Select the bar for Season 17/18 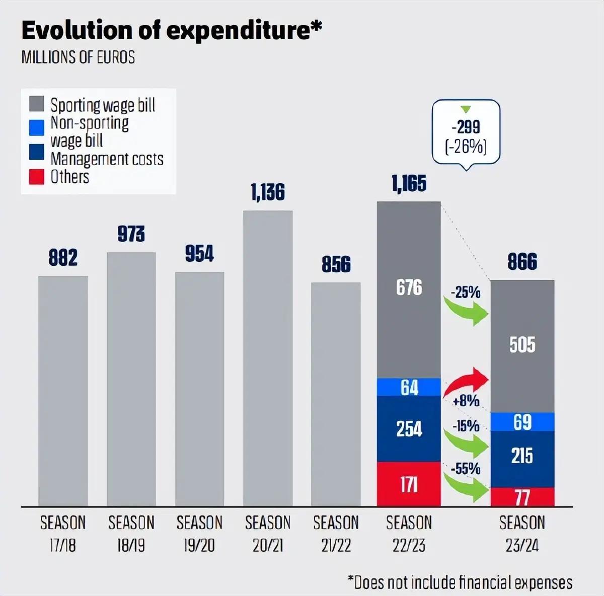(x=63, y=391)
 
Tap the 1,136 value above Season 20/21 (x=268, y=192)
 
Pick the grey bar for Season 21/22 (x=336, y=394)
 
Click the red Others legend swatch (x=37, y=177)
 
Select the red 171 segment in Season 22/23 (x=409, y=484)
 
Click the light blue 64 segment (x=409, y=387)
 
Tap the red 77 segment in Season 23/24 (x=522, y=497)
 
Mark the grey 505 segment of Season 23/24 (x=522, y=346)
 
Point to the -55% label (x=466, y=469)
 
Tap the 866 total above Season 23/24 (x=522, y=262)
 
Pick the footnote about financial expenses (x=460, y=582)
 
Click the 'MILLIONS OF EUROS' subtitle (x=78, y=57)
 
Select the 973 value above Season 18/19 (x=131, y=234)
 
